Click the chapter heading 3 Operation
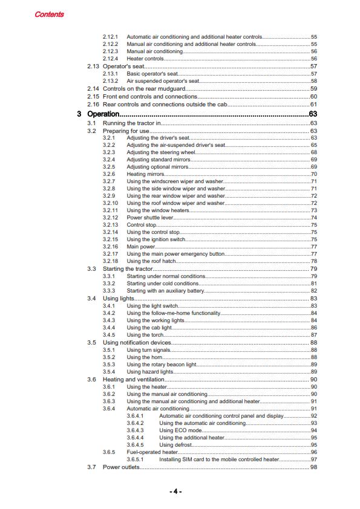coord(103,114)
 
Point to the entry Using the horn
coord(143,357)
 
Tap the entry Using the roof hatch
coord(151,261)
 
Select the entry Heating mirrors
coord(145,174)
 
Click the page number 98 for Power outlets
coord(313,467)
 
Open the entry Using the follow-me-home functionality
coord(173,313)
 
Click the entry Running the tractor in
coord(131,123)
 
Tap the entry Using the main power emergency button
coord(175,254)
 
